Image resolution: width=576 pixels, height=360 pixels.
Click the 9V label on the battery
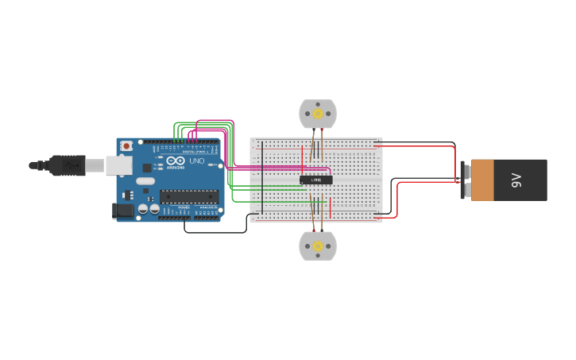(516, 180)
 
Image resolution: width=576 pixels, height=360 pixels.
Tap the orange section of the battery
(481, 180)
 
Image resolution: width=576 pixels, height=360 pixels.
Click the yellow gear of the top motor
(318, 114)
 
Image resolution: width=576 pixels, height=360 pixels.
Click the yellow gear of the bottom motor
(318, 246)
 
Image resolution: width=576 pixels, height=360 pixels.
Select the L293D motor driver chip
(315, 180)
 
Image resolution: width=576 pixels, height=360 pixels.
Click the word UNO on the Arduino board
(196, 161)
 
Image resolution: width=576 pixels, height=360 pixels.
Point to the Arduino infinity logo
(176, 161)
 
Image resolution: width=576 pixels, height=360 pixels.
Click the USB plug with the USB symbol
(67, 165)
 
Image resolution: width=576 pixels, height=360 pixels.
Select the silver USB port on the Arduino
(119, 165)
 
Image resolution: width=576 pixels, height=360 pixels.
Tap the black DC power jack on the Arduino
(123, 210)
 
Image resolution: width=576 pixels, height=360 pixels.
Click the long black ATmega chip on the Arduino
(188, 196)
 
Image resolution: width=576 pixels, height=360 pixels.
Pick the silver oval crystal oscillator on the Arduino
(143, 180)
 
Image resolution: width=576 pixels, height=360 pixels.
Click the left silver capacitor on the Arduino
(143, 209)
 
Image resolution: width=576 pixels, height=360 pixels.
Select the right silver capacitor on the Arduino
(153, 209)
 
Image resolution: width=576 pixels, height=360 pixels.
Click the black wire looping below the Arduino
(215, 232)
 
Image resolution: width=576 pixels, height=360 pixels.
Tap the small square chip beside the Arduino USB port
(146, 168)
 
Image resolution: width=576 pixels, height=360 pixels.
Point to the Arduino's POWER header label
(184, 208)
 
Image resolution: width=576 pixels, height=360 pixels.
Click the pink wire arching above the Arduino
(215, 121)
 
